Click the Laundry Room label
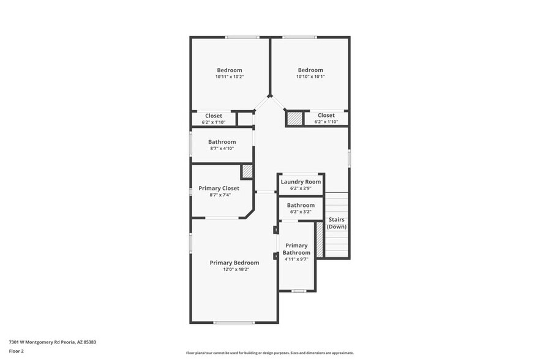point(301,182)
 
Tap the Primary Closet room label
point(219,188)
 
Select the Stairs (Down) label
point(337,223)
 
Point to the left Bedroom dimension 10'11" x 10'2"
point(230,77)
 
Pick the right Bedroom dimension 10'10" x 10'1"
point(310,77)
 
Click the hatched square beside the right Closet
point(295,118)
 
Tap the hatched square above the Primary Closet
point(247,171)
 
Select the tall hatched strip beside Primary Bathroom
point(319,240)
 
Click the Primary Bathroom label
point(296,249)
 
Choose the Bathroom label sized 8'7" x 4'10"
point(222,142)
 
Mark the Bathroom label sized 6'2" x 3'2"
point(301,205)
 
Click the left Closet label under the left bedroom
point(214,115)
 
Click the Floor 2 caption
point(17,351)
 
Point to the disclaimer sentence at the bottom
point(270,353)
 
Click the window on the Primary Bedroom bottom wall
point(233,323)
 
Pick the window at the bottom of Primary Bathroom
point(298,291)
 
